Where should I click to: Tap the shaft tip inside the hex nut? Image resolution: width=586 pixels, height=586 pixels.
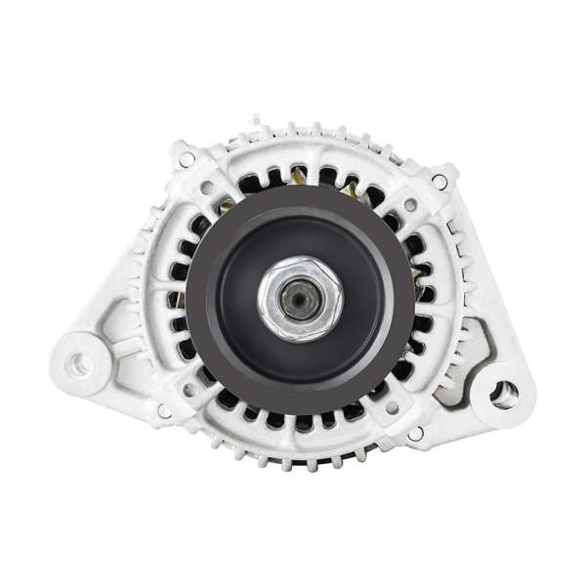[296, 300]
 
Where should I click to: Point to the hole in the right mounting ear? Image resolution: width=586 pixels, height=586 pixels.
[504, 395]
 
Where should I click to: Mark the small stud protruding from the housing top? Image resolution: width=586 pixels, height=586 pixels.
[254, 120]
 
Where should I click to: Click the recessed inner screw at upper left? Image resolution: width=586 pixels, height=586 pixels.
[206, 190]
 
